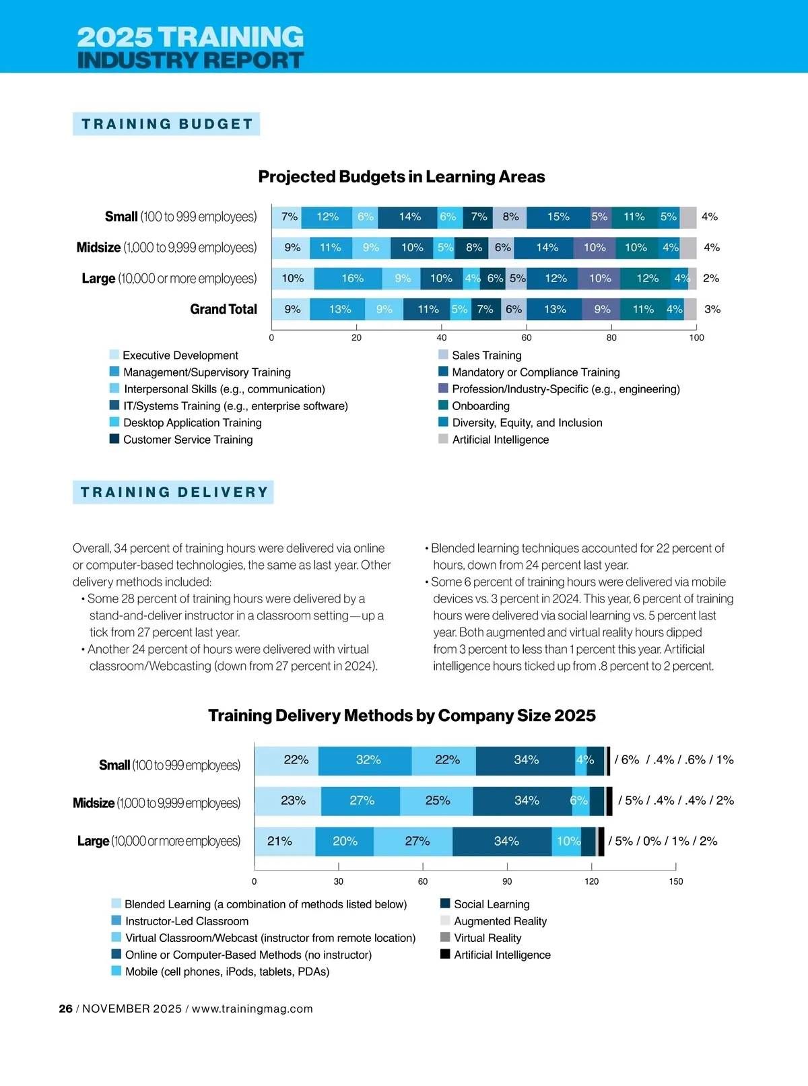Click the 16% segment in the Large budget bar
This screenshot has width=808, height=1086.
352,279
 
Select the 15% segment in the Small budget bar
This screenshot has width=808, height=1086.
558,217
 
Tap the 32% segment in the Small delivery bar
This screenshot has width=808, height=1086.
368,760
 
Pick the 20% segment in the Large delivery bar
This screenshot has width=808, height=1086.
345,842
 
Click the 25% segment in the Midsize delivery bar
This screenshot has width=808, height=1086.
437,801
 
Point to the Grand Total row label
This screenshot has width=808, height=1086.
224,309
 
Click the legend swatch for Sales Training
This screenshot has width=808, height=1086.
443,355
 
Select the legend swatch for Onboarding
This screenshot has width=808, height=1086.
443,405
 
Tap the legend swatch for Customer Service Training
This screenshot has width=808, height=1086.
114,439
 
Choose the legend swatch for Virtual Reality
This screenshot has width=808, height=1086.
445,937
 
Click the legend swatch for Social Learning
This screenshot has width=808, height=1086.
445,904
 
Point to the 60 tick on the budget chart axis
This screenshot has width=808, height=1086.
527,337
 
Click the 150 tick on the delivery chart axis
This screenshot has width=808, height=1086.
676,881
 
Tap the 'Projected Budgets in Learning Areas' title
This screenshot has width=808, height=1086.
401,177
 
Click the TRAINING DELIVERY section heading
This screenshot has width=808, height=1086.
174,492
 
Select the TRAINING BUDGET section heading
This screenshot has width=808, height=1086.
167,124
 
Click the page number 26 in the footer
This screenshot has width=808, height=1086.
65,1009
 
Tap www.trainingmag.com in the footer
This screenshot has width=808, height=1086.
252,1009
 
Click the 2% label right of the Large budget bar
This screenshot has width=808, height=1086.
711,279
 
